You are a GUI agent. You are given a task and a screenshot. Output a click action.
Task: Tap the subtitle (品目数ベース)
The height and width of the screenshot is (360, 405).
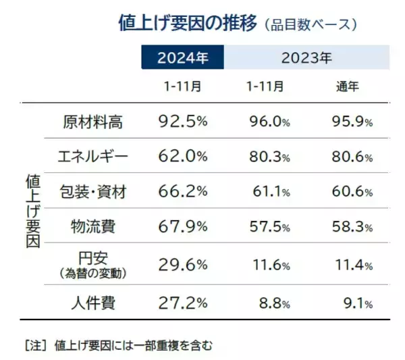pos(310,26)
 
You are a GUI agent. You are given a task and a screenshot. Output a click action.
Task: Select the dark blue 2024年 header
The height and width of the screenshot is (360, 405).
pos(182,57)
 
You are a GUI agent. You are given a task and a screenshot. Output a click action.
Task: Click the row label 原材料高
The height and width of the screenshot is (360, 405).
pos(93,122)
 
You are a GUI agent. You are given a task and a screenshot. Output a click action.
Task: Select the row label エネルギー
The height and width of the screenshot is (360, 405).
pos(93,156)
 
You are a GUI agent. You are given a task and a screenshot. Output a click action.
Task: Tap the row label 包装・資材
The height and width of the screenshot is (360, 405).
pos(93,192)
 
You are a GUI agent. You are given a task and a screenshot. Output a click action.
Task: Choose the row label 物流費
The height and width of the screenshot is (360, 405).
pos(93,226)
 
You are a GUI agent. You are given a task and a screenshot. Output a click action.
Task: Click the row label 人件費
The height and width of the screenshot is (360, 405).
pos(93,303)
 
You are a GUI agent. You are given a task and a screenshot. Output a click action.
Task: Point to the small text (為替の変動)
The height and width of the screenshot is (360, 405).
pos(93,272)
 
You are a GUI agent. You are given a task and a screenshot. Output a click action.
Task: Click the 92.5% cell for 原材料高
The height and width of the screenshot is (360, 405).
pos(182,122)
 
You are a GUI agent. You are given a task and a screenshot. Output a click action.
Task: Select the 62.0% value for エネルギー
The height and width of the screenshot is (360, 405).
pos(182,156)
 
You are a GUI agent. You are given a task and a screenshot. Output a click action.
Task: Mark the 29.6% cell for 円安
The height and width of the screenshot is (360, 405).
pos(182,264)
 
